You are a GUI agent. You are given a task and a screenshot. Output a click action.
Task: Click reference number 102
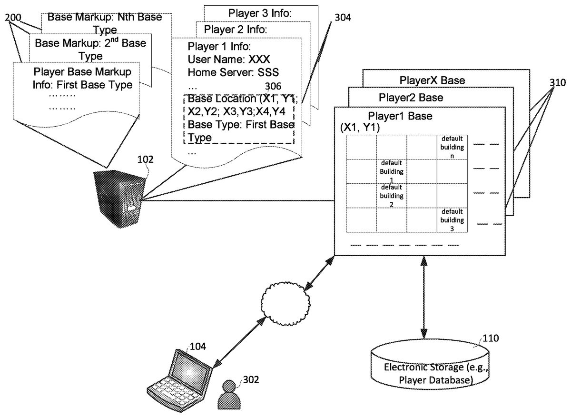tap(145, 160)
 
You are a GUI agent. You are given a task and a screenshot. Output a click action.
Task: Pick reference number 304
tap(343, 19)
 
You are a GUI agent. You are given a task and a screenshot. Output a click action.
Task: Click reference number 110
tap(490, 339)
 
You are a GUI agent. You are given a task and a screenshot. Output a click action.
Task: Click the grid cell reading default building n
tap(452, 147)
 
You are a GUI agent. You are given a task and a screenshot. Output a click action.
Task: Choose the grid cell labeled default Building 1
tap(391, 171)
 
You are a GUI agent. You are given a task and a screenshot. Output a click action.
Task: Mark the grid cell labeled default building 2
tap(391, 195)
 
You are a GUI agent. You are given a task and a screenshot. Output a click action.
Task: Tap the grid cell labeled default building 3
tap(452, 220)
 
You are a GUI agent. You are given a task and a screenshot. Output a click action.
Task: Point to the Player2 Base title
tap(411, 98)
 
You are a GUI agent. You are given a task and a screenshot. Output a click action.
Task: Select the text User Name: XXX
tap(229, 60)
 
